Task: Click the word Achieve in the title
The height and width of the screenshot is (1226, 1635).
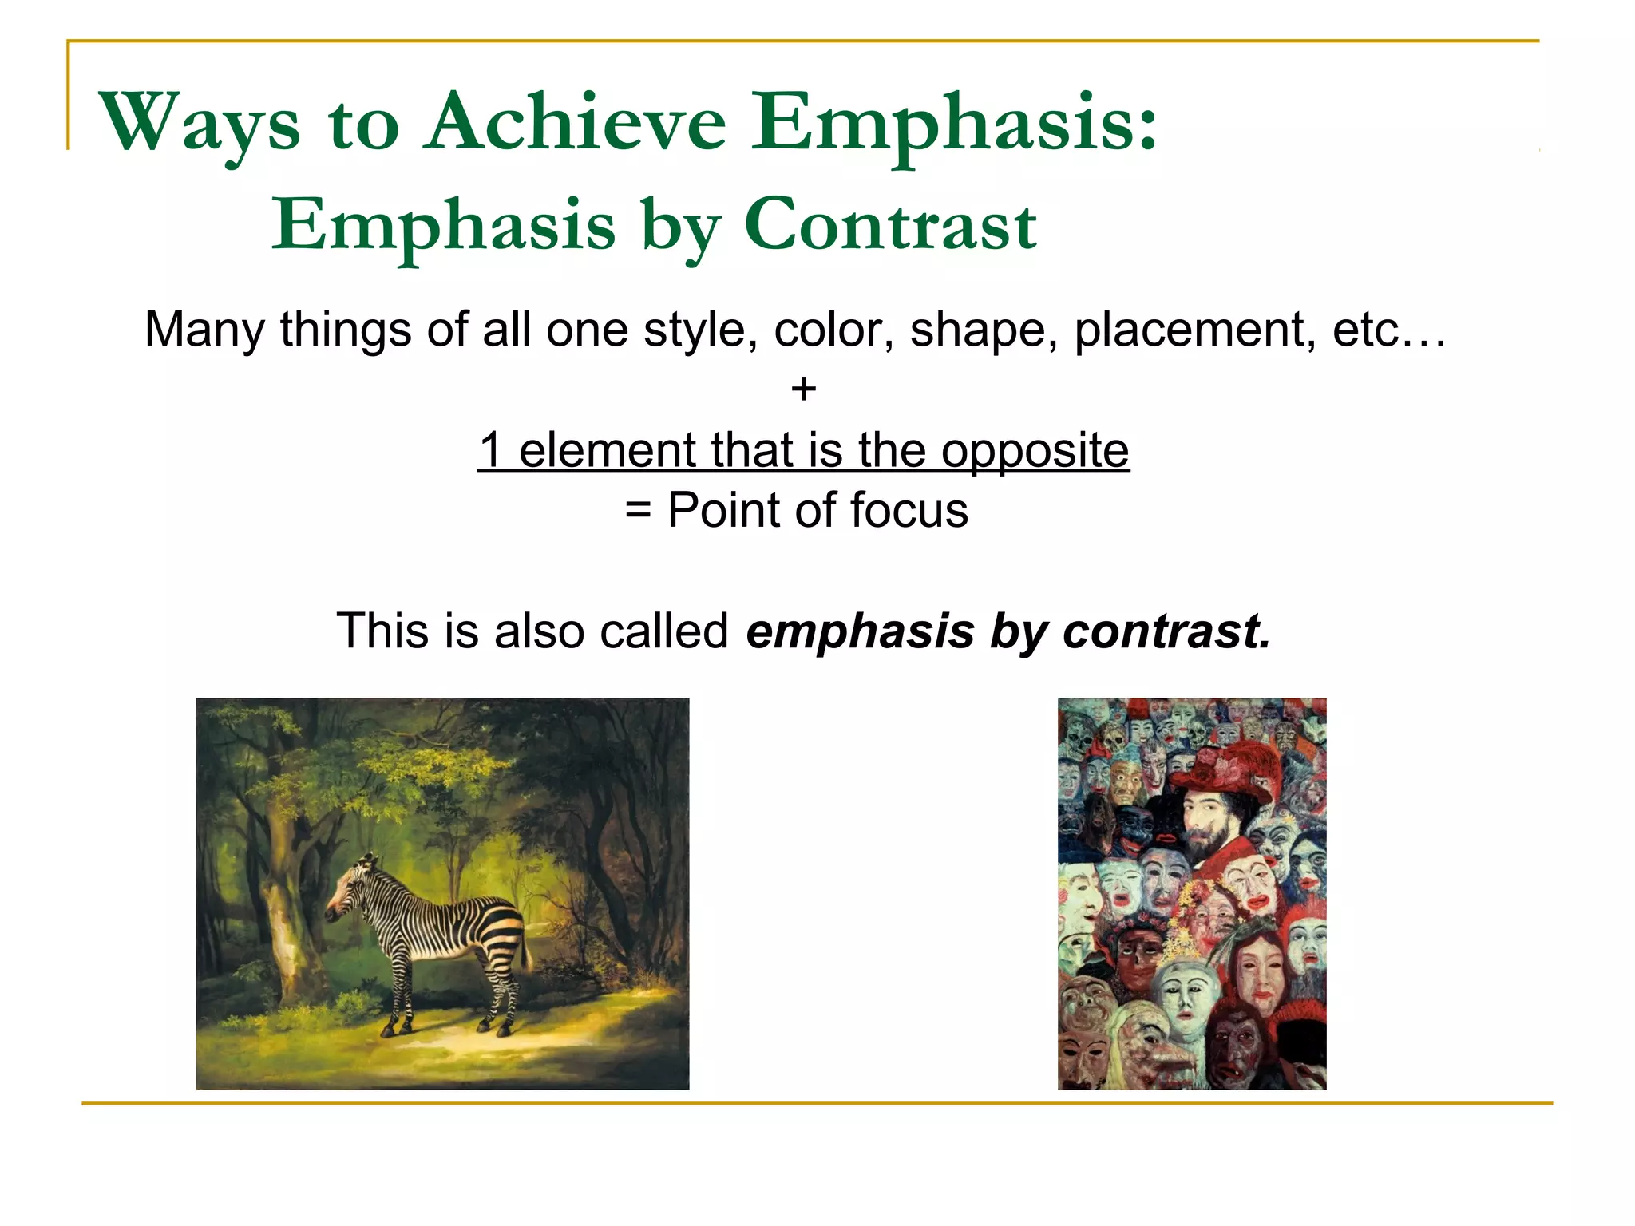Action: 575,123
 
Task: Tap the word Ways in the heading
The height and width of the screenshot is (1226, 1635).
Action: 200,123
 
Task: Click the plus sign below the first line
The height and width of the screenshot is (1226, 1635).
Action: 803,390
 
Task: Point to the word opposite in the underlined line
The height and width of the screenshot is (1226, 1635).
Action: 1035,450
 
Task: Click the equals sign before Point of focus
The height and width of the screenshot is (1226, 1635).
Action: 638,510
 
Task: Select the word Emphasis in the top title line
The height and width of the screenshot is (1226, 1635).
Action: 954,123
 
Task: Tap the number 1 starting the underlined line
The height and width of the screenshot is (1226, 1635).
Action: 491,450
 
